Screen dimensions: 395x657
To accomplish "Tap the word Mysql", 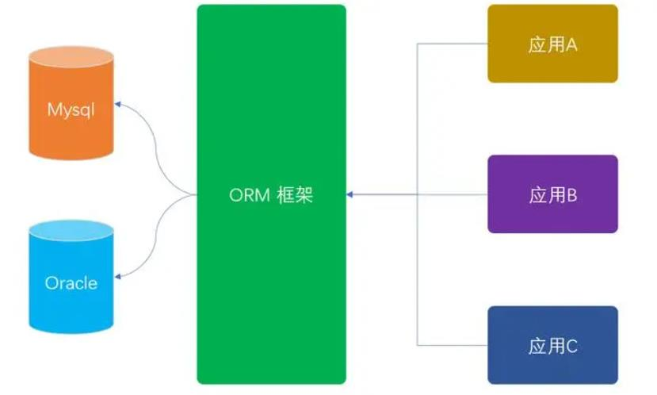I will (x=71, y=109).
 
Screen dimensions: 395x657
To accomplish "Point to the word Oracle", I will (x=71, y=282).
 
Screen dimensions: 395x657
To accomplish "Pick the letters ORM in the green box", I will (x=247, y=195).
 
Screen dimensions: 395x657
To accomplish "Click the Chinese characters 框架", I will (x=296, y=195).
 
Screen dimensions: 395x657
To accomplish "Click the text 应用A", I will (x=552, y=44).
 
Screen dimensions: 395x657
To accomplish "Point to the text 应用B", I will (x=552, y=195).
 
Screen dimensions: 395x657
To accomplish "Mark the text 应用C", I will (x=552, y=346).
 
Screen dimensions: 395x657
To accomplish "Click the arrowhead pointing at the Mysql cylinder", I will (x=118, y=104).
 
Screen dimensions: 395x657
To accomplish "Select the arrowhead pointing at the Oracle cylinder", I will (x=118, y=276).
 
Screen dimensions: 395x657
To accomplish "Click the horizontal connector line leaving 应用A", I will (x=452, y=44).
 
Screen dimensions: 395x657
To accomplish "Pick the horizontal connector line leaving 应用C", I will (x=452, y=345).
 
